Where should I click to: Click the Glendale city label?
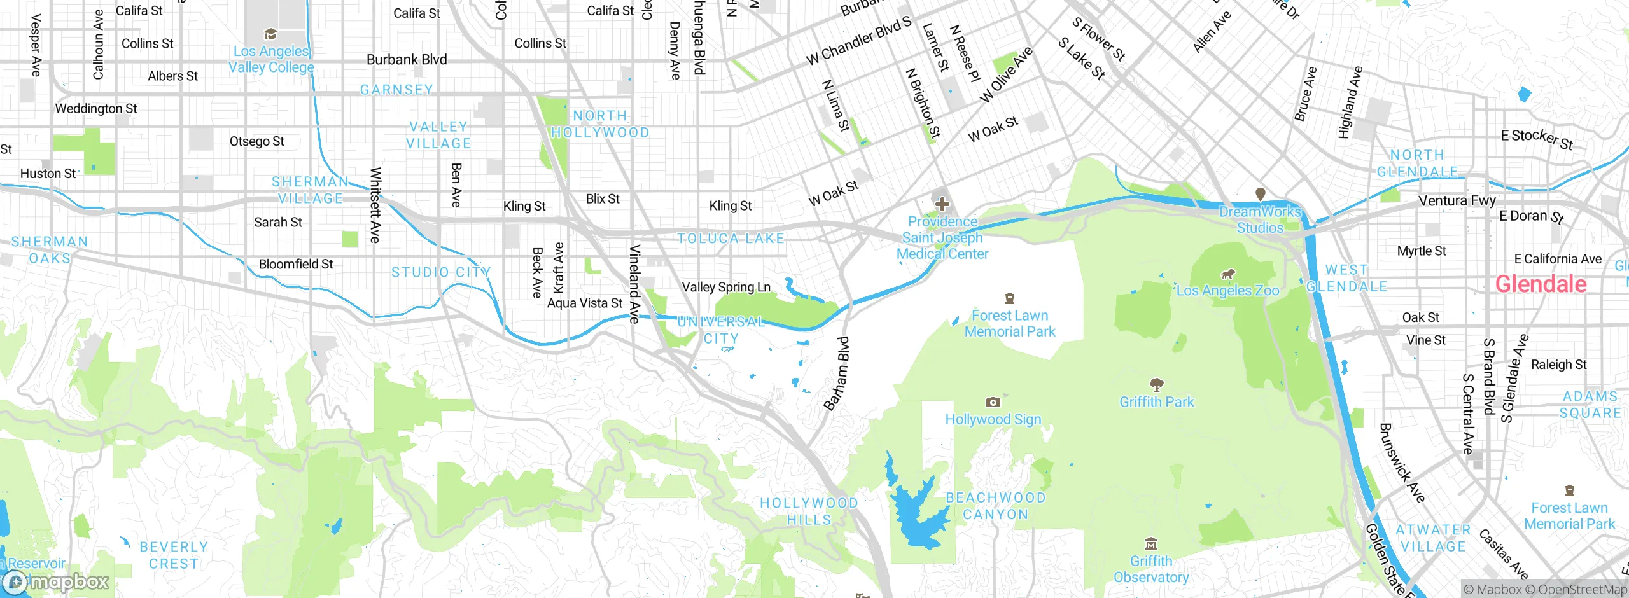1540,284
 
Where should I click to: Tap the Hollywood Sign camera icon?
993,402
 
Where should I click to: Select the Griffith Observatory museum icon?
1150,544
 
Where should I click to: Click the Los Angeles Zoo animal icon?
1227,274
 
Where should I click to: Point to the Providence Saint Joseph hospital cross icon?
942,204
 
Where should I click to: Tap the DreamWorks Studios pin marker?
1260,194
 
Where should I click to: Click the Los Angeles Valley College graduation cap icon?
270,34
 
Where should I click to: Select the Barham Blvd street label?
837,373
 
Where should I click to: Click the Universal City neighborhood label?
721,330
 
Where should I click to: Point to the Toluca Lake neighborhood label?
731,239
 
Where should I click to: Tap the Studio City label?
441,272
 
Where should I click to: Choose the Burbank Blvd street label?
407,60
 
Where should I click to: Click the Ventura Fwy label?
1457,200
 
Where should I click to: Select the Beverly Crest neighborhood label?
173,555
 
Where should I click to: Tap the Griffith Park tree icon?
1156,384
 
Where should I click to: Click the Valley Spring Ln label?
726,287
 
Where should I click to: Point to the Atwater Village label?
1433,538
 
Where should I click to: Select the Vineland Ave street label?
634,284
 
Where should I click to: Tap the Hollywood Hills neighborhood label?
809,511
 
